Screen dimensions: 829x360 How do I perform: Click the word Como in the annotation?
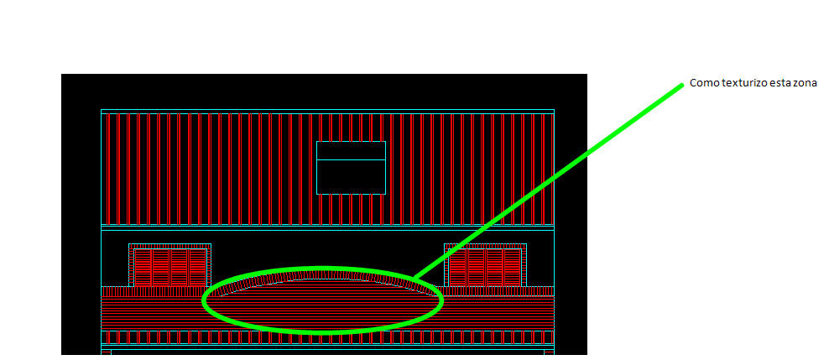coord(701,84)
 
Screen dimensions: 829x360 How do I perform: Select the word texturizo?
coord(735,84)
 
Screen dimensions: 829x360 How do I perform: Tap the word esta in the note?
coord(766,84)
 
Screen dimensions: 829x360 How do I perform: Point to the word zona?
coord(790,84)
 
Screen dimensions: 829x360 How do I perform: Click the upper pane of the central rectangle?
coord(351,150)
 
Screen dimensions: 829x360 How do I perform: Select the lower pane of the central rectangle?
coord(351,176)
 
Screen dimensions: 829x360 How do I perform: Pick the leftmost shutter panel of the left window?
coord(143,268)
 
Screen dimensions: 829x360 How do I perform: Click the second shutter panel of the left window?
coord(161,268)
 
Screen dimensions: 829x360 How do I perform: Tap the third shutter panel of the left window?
coord(180,268)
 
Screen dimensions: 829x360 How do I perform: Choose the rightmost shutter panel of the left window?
coord(197,268)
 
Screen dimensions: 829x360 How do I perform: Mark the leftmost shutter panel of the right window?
coord(458,268)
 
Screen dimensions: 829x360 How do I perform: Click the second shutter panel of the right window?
coord(477,268)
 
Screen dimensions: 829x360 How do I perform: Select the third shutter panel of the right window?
coord(494,268)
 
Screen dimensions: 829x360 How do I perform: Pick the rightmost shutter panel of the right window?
coord(513,268)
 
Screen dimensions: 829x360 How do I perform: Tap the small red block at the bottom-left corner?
coord(106,352)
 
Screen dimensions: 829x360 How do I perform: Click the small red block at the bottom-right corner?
coord(549,352)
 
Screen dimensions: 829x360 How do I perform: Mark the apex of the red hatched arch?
coord(322,273)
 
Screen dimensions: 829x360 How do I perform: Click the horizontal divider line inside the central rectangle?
coord(351,159)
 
